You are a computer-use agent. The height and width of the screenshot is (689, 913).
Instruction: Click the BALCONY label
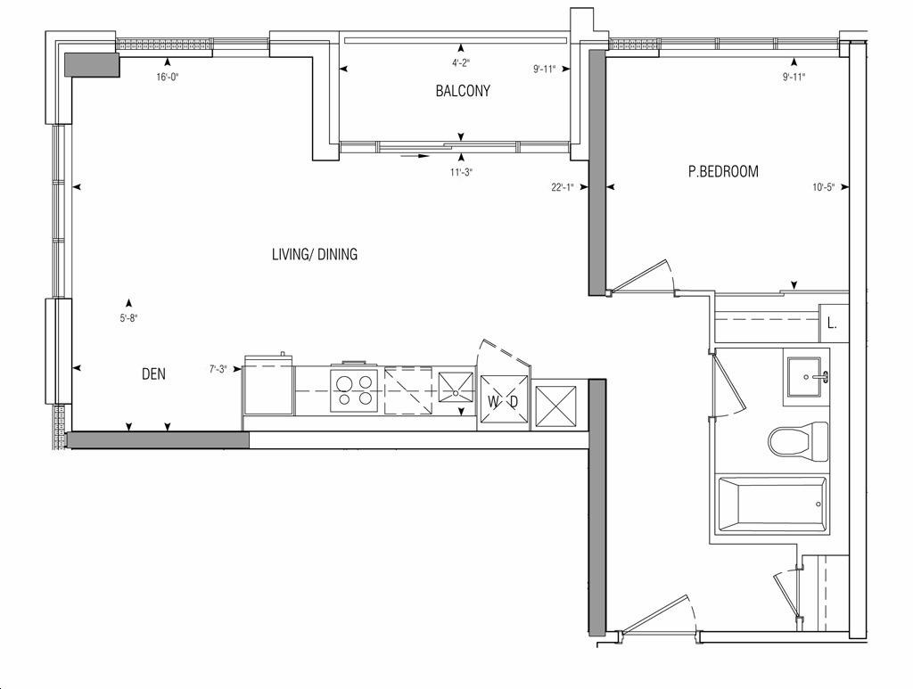(x=463, y=91)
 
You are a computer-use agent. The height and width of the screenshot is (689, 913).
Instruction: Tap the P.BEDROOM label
(x=723, y=172)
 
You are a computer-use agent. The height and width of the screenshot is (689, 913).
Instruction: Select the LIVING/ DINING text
(x=315, y=254)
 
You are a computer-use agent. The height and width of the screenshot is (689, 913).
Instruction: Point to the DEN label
(x=153, y=373)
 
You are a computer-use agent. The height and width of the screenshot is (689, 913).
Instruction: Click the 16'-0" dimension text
(x=168, y=77)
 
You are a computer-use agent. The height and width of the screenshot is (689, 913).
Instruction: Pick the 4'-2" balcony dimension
(x=461, y=63)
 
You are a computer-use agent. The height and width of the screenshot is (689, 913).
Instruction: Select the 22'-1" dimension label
(x=563, y=187)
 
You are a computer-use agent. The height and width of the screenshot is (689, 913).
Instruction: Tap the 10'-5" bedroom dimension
(x=823, y=187)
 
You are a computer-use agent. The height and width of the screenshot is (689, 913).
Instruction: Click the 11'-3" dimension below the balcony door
(x=461, y=172)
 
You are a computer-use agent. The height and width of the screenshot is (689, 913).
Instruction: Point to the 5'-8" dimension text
(x=128, y=318)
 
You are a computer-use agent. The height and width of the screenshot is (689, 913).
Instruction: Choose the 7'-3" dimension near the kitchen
(x=218, y=369)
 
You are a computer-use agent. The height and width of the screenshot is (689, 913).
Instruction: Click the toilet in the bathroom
(x=798, y=442)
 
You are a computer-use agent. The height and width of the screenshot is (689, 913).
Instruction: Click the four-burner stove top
(x=355, y=390)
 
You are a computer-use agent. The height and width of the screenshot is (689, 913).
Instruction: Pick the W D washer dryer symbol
(x=503, y=402)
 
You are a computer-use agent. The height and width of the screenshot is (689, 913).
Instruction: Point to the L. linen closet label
(x=832, y=324)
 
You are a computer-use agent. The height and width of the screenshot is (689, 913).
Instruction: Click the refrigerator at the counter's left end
(x=268, y=385)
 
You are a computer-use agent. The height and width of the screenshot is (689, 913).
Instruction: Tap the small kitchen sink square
(x=455, y=388)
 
